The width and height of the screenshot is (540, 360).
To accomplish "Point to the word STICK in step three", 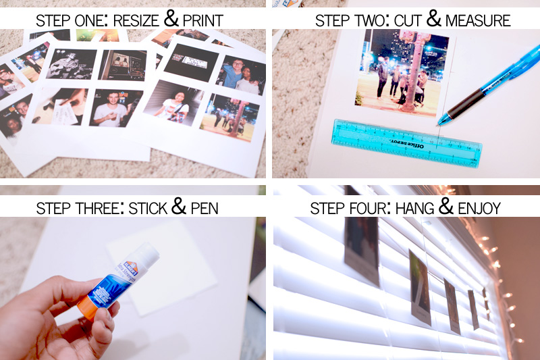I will click(142, 207).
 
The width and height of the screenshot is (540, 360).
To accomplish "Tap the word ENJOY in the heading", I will click(480, 207).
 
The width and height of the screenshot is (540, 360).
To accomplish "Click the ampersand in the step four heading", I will click(446, 206).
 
